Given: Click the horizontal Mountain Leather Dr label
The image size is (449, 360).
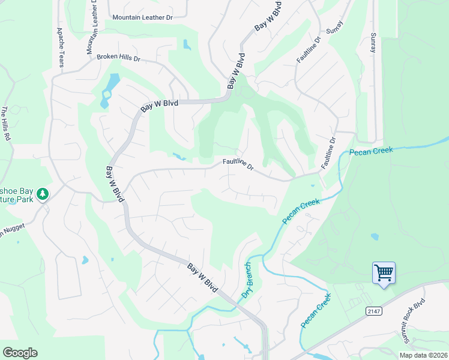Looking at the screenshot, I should pyautogui.click(x=142, y=17).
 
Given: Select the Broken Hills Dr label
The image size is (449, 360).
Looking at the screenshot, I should pyautogui.click(x=118, y=58).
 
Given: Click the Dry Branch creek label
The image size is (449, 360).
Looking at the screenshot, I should pyautogui.click(x=247, y=280).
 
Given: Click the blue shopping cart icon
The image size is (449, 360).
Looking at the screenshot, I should pyautogui.click(x=384, y=273).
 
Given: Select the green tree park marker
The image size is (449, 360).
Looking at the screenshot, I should pyautogui.click(x=42, y=194).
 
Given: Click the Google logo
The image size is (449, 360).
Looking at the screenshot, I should pyautogui.click(x=20, y=353).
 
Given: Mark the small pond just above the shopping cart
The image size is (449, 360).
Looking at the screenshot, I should pyautogui.click(x=375, y=236).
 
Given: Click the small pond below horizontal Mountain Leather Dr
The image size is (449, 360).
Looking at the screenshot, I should pyautogui.click(x=186, y=44).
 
